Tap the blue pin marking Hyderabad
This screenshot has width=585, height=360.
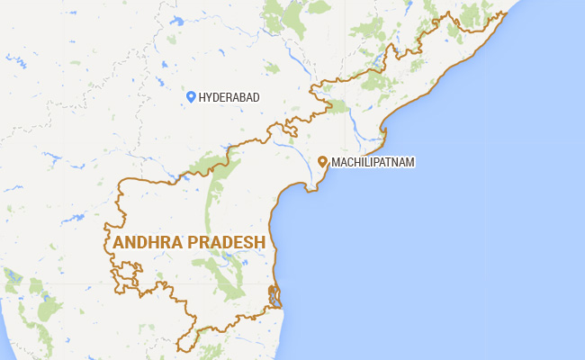(191, 96)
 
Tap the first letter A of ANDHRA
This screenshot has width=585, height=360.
(119, 243)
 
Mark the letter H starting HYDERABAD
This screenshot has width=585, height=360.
(202, 97)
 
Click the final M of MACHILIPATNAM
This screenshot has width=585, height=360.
(412, 162)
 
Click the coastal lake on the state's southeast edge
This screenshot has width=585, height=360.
(274, 296)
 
